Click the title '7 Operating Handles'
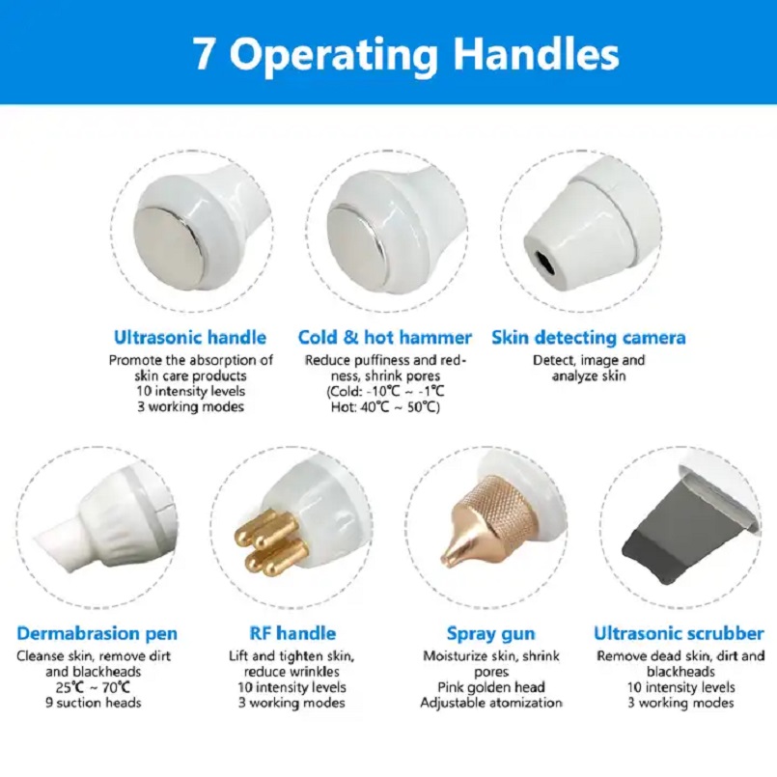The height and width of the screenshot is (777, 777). pos(405,53)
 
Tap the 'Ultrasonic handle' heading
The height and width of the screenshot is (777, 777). pos(190,338)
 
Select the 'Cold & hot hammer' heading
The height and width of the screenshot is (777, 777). pos(385,338)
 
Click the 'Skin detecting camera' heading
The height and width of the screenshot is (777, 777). pos(589,338)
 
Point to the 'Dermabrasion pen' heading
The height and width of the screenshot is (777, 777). pos(97,633)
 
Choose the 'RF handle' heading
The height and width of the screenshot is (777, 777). pos(292,633)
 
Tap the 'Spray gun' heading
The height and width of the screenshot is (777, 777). pos(490,634)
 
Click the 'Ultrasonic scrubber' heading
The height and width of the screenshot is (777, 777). pos(679,633)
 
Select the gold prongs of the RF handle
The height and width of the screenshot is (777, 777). pos(269,542)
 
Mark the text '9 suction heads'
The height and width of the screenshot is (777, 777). pos(94,703)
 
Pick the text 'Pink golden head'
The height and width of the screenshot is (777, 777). pos(491,687)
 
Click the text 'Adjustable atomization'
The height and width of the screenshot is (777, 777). pos(491,703)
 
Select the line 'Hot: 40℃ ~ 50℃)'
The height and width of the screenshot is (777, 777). pos(385,407)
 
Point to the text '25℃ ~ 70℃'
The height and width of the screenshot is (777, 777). pos(94,687)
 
